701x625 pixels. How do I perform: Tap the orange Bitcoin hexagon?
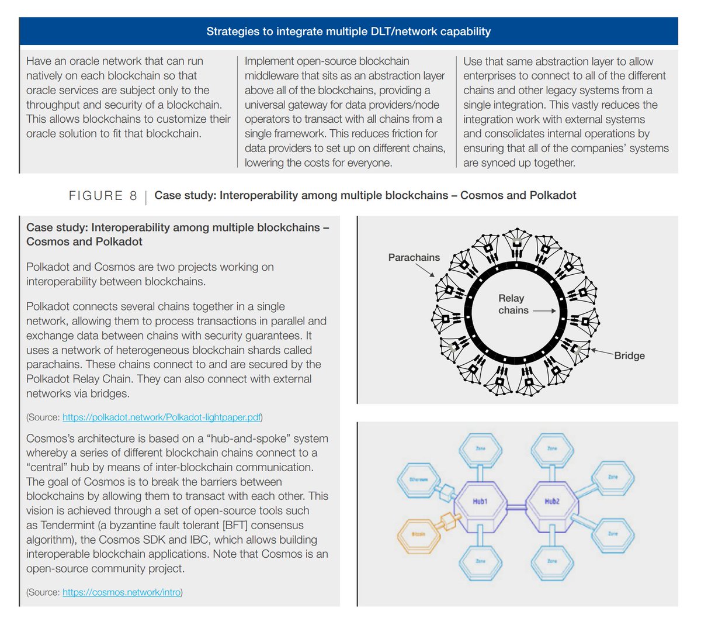pos(418,534)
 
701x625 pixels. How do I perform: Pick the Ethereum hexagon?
pos(418,480)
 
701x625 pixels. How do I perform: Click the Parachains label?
pos(414,257)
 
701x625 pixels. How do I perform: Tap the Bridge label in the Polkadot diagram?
pos(629,355)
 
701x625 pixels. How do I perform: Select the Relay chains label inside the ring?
pos(512,304)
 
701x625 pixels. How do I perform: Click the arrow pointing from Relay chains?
pos(544,311)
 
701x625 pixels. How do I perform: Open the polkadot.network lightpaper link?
pos(162,417)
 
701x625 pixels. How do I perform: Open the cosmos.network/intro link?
pos(122,592)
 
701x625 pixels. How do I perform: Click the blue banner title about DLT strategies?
pos(348,32)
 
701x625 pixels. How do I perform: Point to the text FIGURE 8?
pos(103,196)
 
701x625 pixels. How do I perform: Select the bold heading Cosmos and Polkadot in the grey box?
pos(84,241)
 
